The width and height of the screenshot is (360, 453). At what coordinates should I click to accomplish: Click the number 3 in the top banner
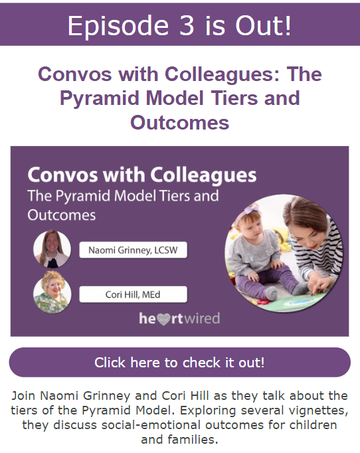[x=187, y=25]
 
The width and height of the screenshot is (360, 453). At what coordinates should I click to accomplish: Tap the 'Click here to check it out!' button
[x=180, y=362]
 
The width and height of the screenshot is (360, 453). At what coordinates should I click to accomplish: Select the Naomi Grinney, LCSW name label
[x=134, y=250]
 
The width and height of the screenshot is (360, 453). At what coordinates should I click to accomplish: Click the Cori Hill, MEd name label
[x=134, y=294]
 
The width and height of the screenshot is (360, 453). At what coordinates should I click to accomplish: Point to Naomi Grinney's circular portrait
[x=52, y=248]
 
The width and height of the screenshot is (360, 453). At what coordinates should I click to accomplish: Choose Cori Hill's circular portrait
[x=52, y=292]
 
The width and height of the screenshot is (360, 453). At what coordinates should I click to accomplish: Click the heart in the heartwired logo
[x=163, y=319]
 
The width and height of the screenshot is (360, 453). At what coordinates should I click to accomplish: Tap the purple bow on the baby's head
[x=251, y=209]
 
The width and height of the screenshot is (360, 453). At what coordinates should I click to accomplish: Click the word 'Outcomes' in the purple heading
[x=180, y=122]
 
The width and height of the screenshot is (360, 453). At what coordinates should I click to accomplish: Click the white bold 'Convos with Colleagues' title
[x=142, y=175]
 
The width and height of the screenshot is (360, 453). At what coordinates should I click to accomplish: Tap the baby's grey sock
[x=271, y=294]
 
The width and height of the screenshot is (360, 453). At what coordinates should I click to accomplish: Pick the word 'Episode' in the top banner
[x=118, y=26]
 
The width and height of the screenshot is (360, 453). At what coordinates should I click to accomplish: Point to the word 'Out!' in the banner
[x=264, y=25]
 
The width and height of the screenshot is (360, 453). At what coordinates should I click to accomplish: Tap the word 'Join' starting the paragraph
[x=24, y=395]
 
